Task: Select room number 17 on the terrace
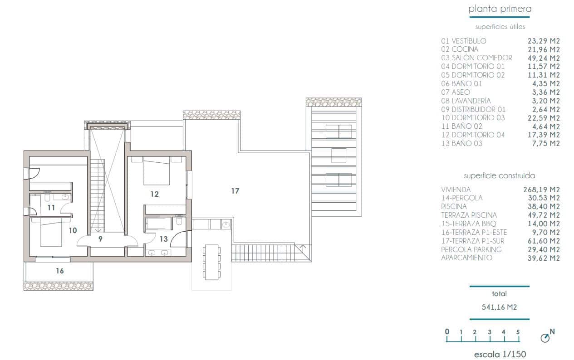[x=235, y=191]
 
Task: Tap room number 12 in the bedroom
[x=155, y=194]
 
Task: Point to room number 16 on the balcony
[x=60, y=271]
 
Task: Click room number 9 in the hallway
[x=101, y=238]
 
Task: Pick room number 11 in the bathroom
[x=51, y=208]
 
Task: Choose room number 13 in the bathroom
[x=163, y=238]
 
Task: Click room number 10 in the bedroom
[x=73, y=230]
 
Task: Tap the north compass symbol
[x=546, y=338]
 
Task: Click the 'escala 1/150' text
[x=500, y=354]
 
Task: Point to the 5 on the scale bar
[x=518, y=332]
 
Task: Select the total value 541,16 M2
[x=499, y=307]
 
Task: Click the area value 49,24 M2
[x=542, y=58]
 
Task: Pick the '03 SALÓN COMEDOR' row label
[x=476, y=58]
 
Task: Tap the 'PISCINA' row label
[x=454, y=207]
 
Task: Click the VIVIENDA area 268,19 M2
[x=542, y=190]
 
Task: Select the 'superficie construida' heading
[x=499, y=175]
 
